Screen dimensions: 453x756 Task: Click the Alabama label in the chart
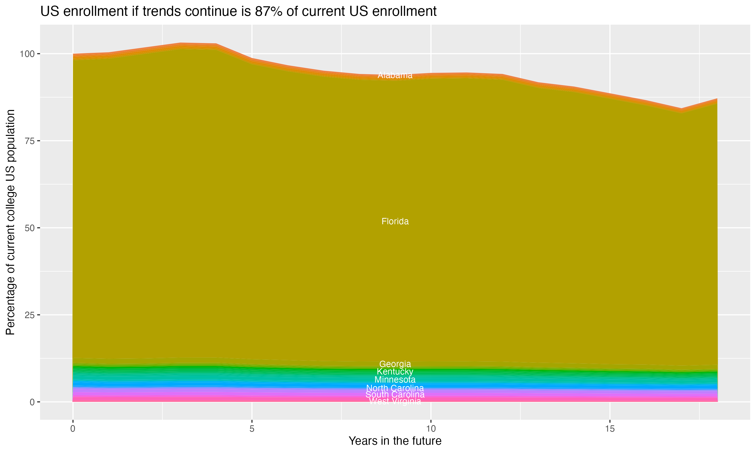(x=395, y=75)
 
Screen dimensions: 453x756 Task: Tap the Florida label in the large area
(x=395, y=221)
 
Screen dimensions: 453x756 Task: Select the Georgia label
(x=395, y=364)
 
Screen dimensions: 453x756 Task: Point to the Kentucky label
(x=395, y=371)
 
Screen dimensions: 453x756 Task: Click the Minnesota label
(x=395, y=380)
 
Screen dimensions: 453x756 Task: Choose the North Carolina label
(x=395, y=388)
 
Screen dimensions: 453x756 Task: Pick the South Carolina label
(x=395, y=394)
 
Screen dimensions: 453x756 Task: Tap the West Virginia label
(x=395, y=401)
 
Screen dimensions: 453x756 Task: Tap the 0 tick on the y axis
(x=32, y=402)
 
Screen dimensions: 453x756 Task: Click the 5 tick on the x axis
(x=252, y=429)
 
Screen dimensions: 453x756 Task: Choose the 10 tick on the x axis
(x=431, y=429)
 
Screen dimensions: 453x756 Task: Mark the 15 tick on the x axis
(x=610, y=429)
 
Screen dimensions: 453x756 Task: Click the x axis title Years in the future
(x=395, y=441)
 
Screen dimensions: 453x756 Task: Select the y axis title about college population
(x=10, y=222)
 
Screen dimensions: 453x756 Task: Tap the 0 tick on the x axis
(x=73, y=429)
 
